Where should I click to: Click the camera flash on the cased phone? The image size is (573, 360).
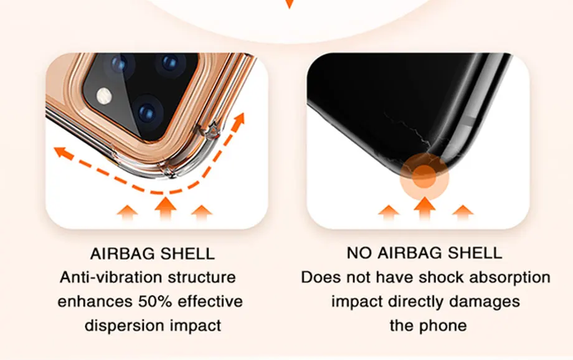104,96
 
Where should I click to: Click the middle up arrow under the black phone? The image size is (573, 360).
425,208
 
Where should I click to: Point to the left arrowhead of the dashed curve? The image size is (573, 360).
59,150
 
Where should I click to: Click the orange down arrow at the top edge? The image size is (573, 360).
288,3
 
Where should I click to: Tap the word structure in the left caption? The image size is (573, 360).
204,277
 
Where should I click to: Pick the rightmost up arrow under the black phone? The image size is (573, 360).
462,212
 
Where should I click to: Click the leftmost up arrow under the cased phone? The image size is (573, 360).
128,212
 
